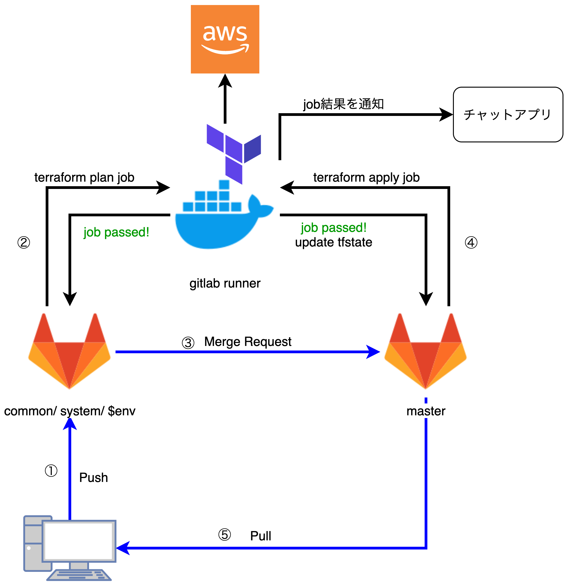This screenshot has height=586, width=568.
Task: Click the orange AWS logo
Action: [225, 39]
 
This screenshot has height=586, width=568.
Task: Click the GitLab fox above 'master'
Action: [425, 351]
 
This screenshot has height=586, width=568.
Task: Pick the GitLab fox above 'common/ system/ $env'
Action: [69, 351]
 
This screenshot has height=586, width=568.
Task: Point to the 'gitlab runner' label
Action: [225, 283]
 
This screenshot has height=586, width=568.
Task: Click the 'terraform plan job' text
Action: [84, 177]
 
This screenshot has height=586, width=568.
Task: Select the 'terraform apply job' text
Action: [366, 177]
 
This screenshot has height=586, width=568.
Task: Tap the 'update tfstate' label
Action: [334, 242]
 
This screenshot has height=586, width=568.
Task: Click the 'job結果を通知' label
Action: [343, 104]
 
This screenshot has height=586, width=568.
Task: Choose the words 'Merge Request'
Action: [248, 341]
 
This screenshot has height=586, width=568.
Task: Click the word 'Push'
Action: [94, 477]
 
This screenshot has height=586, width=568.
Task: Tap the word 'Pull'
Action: [260, 536]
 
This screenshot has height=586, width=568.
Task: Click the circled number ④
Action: [471, 243]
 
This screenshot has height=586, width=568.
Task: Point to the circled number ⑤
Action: [225, 535]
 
